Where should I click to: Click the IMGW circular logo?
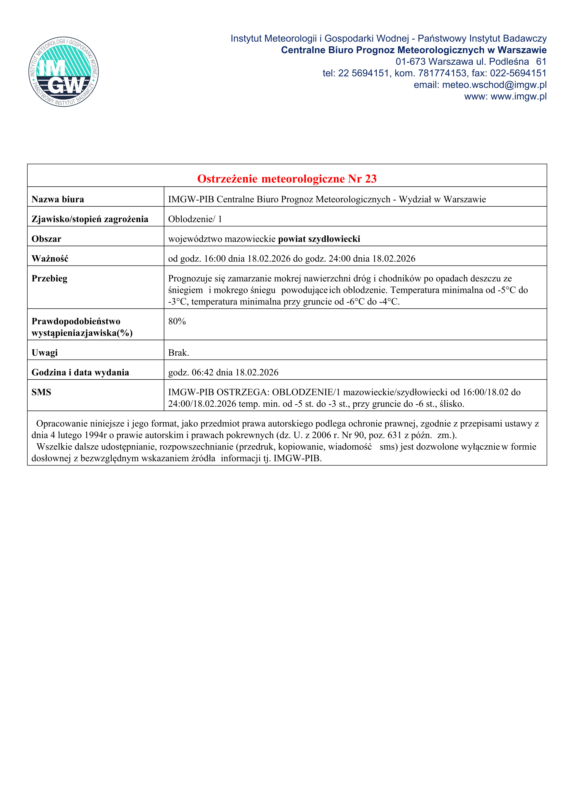pyautogui.click(x=64, y=72)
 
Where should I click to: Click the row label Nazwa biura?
pyautogui.click(x=58, y=200)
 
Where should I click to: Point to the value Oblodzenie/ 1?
pyautogui.click(x=195, y=219)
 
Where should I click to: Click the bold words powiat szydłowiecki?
pyautogui.click(x=319, y=239)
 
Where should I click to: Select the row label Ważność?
pyautogui.click(x=50, y=259)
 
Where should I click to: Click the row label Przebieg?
pyautogui.click(x=49, y=279)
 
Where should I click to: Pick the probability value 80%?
pyautogui.click(x=177, y=322)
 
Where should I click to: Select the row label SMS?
pyautogui.click(x=41, y=392)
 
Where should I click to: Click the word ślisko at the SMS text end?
pyautogui.click(x=451, y=404)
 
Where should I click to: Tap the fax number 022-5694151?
pyautogui.click(x=518, y=73)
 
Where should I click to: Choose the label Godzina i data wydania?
pyautogui.click(x=80, y=372)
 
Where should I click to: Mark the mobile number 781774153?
pyautogui.click(x=442, y=73)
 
